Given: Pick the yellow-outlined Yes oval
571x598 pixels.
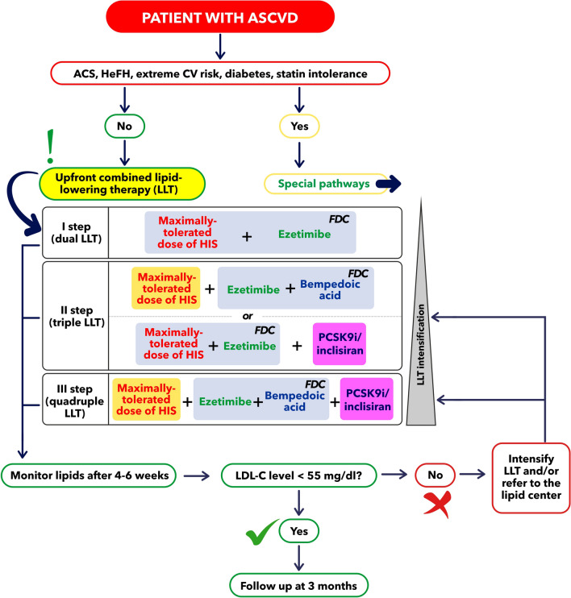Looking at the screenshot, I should tap(301, 127).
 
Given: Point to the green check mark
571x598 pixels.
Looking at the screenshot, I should tap(256, 533).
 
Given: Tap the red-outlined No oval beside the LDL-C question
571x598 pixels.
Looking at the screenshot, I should tap(435, 475).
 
